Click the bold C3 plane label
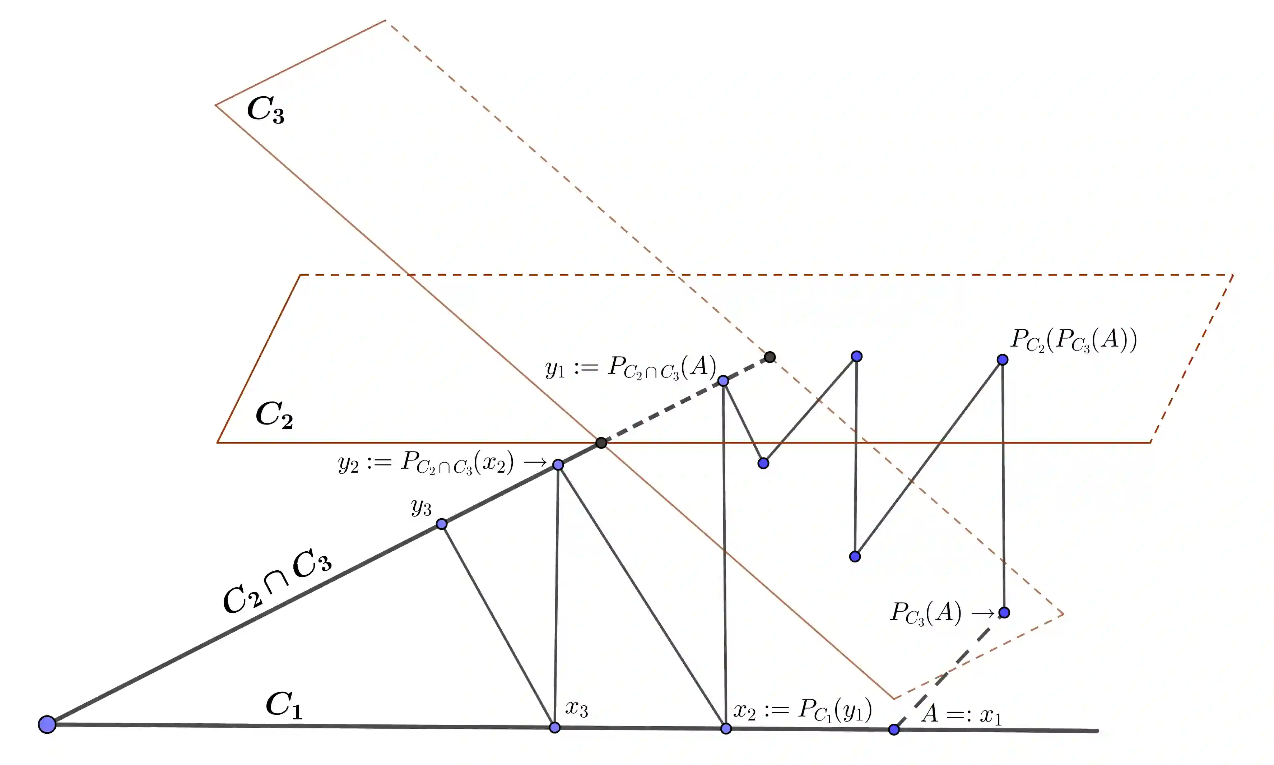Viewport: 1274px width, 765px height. tap(265, 110)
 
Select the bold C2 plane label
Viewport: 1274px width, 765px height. tap(274, 415)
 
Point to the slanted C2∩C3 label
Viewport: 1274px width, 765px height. tap(277, 583)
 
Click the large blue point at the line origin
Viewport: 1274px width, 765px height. tap(47, 724)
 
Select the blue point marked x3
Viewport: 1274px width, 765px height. tap(554, 727)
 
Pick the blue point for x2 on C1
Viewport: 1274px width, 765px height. tap(726, 728)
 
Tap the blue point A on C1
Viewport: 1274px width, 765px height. tap(894, 729)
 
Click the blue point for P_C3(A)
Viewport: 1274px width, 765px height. tap(1004, 612)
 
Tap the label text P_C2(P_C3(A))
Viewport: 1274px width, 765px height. tap(1074, 340)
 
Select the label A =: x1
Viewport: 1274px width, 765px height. tap(962, 714)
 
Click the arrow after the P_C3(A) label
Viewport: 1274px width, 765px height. tap(983, 613)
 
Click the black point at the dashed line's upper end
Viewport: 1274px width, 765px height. tap(769, 357)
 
